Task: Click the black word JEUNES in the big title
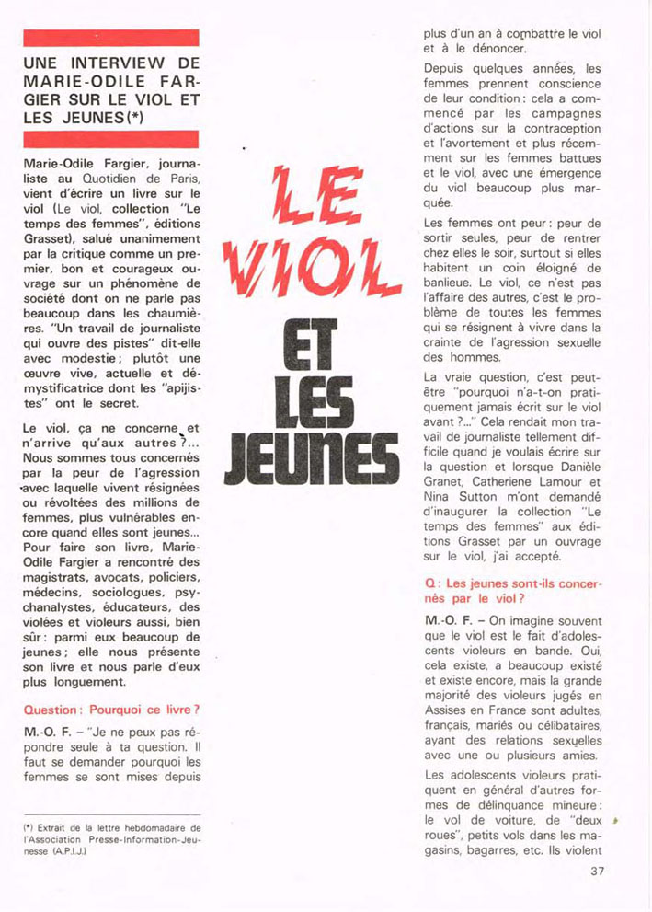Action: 315,454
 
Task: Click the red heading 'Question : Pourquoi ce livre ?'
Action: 111,710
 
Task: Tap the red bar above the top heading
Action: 111,38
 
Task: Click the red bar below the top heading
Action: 111,139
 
